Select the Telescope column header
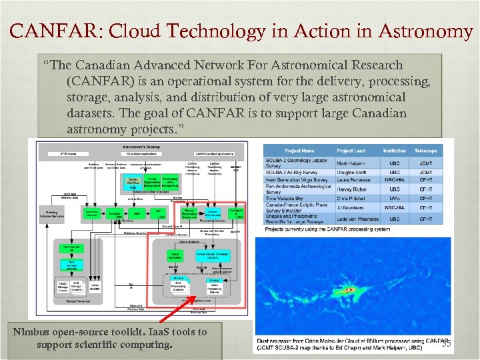pyautogui.click(x=426, y=151)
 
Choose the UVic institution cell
pyautogui.click(x=396, y=199)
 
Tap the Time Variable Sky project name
pyautogui.click(x=287, y=199)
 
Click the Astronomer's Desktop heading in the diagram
pyautogui.click(x=139, y=144)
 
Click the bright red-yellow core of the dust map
pyautogui.click(x=349, y=290)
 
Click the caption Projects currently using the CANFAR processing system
pyautogui.click(x=328, y=229)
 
